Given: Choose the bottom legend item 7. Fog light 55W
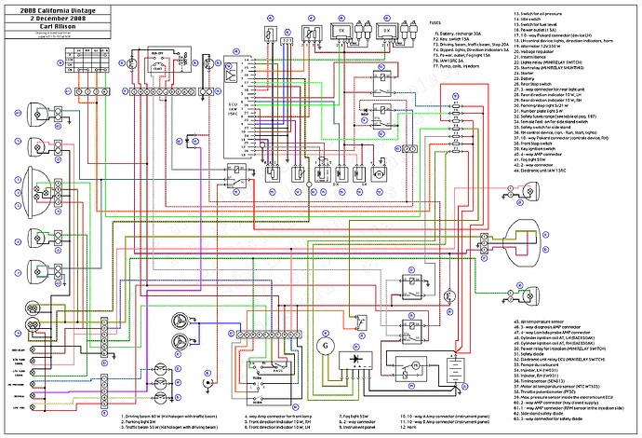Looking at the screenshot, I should coord(327,415).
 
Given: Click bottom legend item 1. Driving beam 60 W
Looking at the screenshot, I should coord(158,415).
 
